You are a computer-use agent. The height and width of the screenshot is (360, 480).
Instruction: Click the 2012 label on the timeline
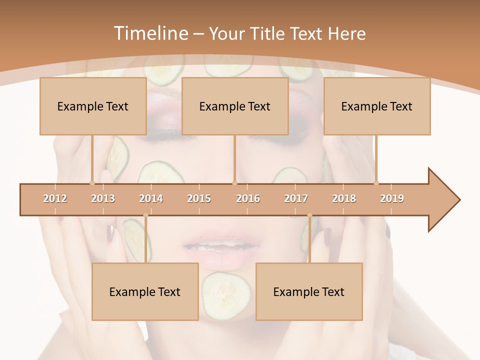(55, 198)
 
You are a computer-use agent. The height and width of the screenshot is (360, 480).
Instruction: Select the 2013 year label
(103, 198)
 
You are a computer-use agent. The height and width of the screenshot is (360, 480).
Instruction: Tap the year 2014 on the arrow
(151, 198)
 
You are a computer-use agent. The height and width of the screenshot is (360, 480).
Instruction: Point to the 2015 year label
(199, 198)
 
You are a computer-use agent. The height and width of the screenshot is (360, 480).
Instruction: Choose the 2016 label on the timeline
(248, 198)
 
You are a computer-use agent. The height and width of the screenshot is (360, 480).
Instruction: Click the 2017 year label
(296, 198)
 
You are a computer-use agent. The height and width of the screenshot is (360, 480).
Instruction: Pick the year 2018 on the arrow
(344, 198)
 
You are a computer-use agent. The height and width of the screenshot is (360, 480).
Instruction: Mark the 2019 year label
(392, 198)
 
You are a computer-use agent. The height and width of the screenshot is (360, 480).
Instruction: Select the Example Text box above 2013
(93, 106)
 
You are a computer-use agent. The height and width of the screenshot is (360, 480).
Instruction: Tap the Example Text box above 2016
(235, 106)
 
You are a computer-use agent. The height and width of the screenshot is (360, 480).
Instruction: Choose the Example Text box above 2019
(377, 106)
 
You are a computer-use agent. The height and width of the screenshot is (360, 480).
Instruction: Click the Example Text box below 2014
(145, 291)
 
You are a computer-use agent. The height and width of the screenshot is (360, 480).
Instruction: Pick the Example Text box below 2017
(309, 291)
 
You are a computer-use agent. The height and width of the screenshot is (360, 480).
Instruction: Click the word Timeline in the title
(150, 33)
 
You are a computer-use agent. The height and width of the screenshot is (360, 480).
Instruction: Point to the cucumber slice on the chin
(226, 295)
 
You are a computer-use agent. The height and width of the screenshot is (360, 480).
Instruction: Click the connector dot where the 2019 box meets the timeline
(376, 183)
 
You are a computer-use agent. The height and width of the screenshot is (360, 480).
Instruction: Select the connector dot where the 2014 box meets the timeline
(145, 215)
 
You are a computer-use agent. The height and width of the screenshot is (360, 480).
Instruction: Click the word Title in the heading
(268, 33)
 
